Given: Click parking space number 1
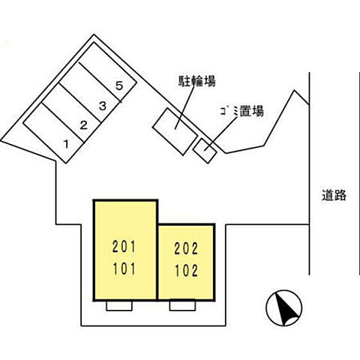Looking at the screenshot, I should click(x=65, y=142).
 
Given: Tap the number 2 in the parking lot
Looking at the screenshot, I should click(x=85, y=125).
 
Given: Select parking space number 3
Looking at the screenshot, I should click(x=103, y=106).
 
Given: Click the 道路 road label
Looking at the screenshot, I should click(x=334, y=196).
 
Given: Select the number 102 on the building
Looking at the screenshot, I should click(x=185, y=270).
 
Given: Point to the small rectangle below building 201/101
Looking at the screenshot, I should click(x=118, y=306).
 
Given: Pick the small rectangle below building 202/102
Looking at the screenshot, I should click(x=181, y=306).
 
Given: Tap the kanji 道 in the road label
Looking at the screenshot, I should click(x=328, y=196).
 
